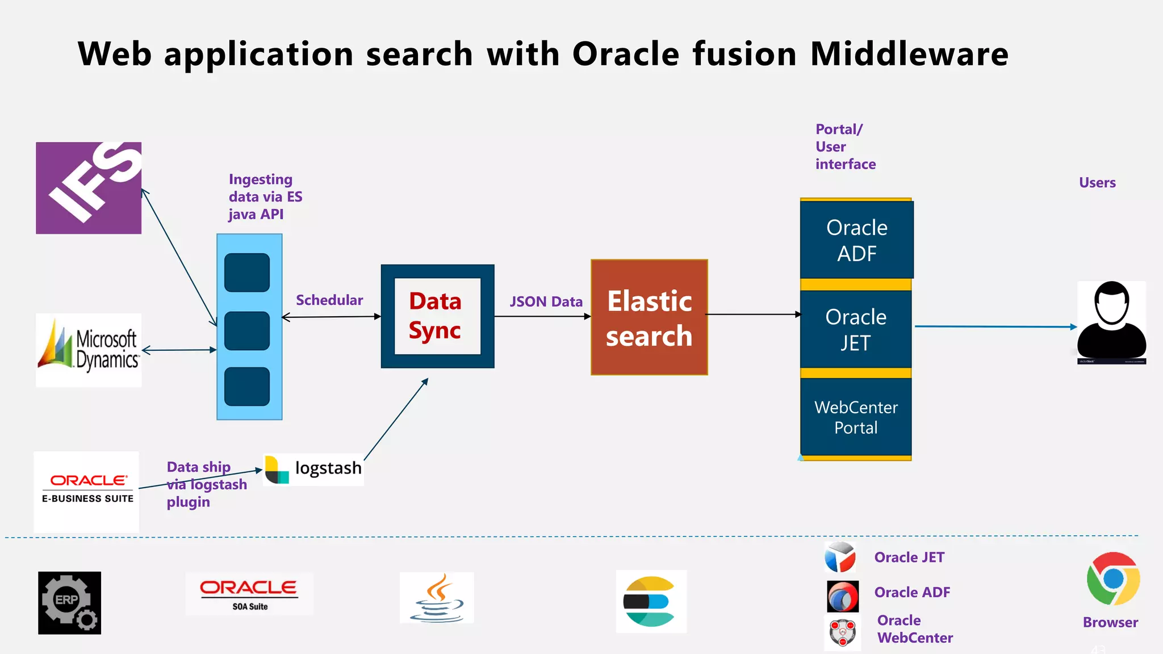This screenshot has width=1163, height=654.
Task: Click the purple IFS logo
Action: click(x=89, y=188)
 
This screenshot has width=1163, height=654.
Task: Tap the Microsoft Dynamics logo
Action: click(x=89, y=350)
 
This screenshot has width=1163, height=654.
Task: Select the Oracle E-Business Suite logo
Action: click(x=87, y=491)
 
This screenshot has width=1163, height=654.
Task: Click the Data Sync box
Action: click(x=437, y=316)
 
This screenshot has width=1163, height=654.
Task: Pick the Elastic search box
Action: click(x=649, y=317)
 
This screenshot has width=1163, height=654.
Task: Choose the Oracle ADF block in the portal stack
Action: click(x=856, y=240)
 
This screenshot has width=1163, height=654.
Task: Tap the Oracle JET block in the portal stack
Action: click(x=856, y=329)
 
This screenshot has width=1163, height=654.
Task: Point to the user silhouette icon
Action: click(x=1111, y=322)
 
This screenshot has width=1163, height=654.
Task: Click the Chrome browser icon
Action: click(x=1113, y=578)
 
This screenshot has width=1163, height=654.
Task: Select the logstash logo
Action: click(x=313, y=469)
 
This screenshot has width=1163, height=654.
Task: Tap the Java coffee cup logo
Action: click(x=437, y=598)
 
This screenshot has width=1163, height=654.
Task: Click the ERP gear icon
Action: click(x=69, y=602)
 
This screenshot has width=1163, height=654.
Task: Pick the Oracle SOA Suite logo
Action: click(x=249, y=594)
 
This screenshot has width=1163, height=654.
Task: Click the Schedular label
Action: click(x=329, y=300)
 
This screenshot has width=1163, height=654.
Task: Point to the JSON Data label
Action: click(x=546, y=301)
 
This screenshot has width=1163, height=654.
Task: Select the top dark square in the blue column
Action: click(x=247, y=272)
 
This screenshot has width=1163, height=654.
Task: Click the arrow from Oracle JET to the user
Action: click(x=994, y=326)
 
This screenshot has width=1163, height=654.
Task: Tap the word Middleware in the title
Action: click(x=909, y=54)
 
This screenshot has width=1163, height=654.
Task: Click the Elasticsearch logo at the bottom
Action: click(x=651, y=601)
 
